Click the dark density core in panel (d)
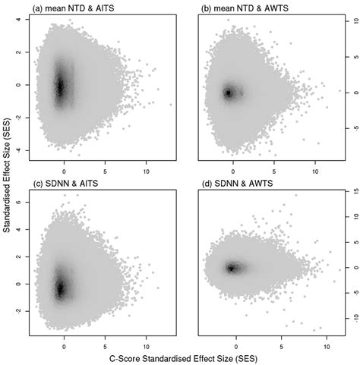(232, 267)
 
